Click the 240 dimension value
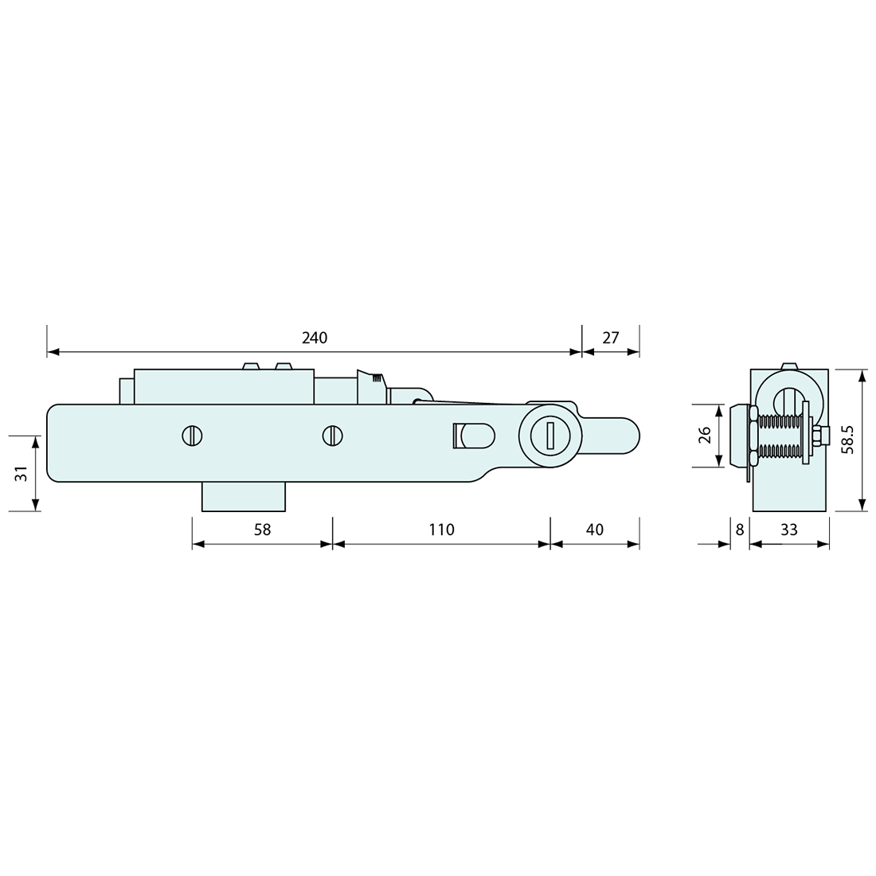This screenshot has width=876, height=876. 314,338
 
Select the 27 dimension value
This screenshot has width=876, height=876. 610,338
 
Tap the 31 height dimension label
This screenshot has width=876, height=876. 22,472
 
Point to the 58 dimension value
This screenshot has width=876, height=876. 261,530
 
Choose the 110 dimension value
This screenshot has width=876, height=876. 440,530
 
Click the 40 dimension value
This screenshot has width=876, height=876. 594,530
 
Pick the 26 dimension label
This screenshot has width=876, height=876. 705,436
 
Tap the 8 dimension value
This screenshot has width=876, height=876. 740,530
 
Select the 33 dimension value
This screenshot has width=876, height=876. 788,530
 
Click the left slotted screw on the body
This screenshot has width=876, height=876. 192,436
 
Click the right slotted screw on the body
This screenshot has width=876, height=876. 332,436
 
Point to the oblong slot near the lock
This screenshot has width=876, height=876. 474,436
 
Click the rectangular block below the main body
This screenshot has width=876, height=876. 243,496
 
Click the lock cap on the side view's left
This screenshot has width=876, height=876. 736,436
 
